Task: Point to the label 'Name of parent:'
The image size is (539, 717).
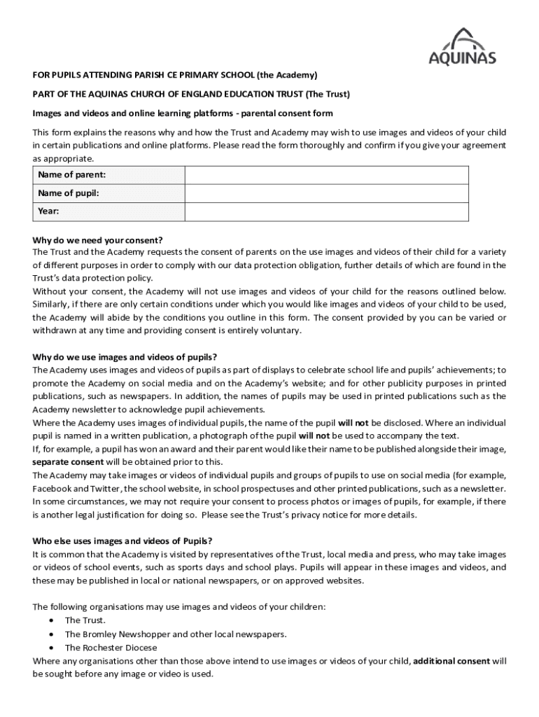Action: (x=67, y=175)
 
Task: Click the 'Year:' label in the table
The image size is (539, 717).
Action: (x=48, y=211)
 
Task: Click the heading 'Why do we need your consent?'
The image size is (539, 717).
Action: (x=97, y=239)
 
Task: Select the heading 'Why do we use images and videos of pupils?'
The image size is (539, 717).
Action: (x=125, y=357)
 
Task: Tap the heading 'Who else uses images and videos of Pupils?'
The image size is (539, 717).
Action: (x=122, y=541)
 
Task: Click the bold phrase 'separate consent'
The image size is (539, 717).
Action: (x=67, y=461)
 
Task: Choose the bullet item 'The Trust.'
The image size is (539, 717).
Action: (x=85, y=620)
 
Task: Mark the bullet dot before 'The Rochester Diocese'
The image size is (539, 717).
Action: (x=51, y=648)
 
